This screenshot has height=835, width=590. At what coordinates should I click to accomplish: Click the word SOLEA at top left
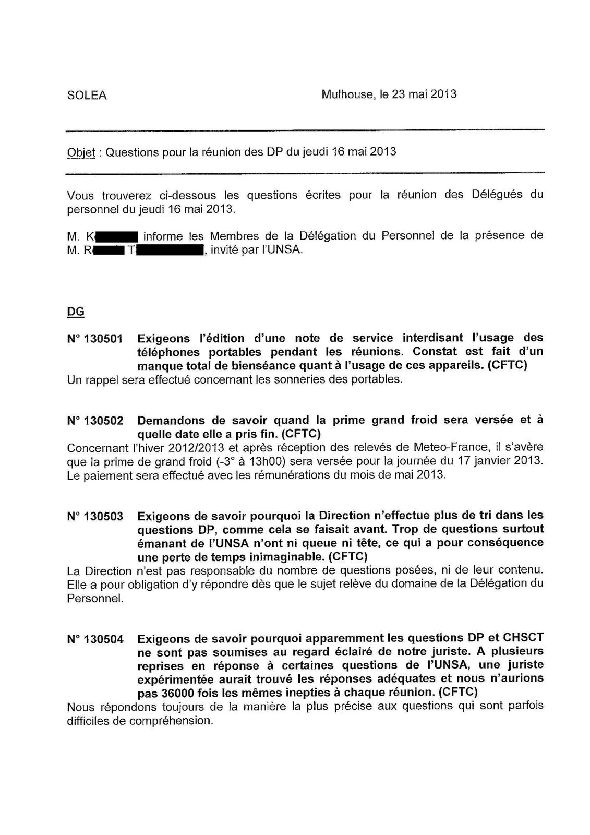tap(87, 96)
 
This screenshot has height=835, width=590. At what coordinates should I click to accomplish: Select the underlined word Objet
tap(81, 152)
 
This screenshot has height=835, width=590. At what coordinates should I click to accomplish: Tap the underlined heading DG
tap(76, 312)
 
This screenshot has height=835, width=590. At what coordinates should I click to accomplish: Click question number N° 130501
tap(95, 339)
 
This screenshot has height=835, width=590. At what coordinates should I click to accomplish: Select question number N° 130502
tap(95, 421)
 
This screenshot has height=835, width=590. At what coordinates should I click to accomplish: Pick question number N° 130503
tap(95, 517)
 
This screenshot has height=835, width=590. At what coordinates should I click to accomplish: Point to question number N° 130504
tap(95, 638)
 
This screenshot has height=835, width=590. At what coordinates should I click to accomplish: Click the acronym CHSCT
tap(523, 638)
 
